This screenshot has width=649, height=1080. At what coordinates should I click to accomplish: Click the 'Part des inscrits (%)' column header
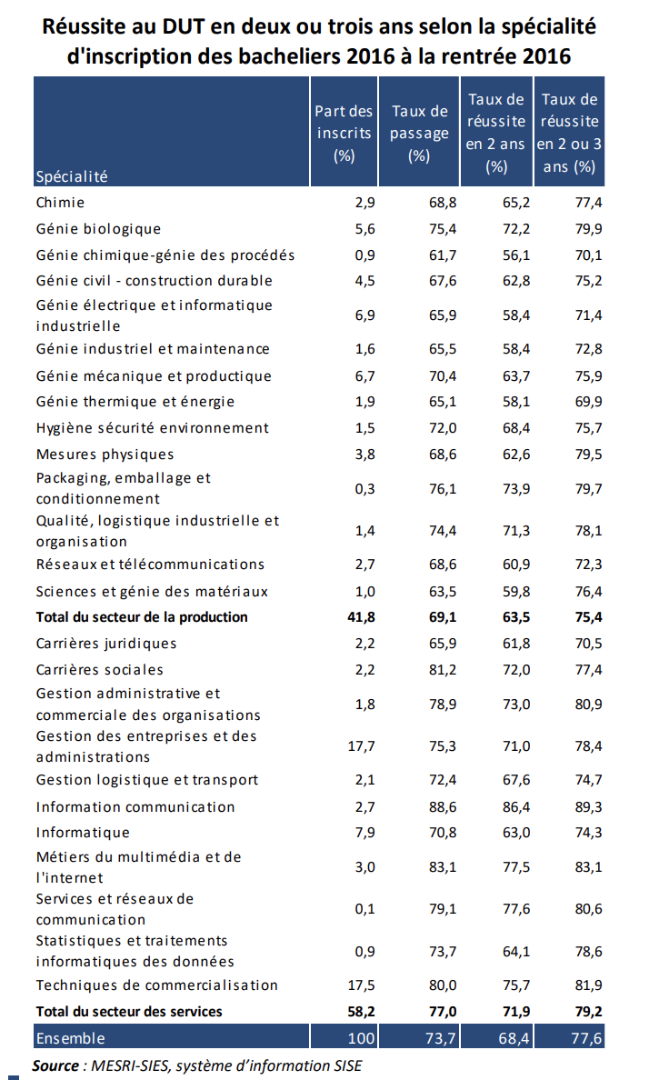pyautogui.click(x=344, y=133)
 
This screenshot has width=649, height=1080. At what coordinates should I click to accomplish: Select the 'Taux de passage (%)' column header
pyautogui.click(x=419, y=133)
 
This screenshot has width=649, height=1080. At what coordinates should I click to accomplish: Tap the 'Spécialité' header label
pyautogui.click(x=72, y=176)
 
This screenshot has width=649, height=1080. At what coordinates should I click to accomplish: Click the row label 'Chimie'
pyautogui.click(x=60, y=202)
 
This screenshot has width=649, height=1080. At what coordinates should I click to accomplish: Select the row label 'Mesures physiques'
pyautogui.click(x=105, y=454)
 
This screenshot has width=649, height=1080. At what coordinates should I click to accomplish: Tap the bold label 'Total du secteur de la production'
pyautogui.click(x=142, y=617)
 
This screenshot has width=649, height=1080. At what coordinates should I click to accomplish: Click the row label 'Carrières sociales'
pyautogui.click(x=100, y=670)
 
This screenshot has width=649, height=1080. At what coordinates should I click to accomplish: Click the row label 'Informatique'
pyautogui.click(x=83, y=833)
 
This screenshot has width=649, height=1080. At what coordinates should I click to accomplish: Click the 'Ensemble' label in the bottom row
pyautogui.click(x=71, y=1037)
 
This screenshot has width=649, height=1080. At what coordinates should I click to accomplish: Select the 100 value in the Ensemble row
pyautogui.click(x=360, y=1037)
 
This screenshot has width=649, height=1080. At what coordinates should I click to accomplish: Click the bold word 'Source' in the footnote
pyautogui.click(x=55, y=1065)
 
